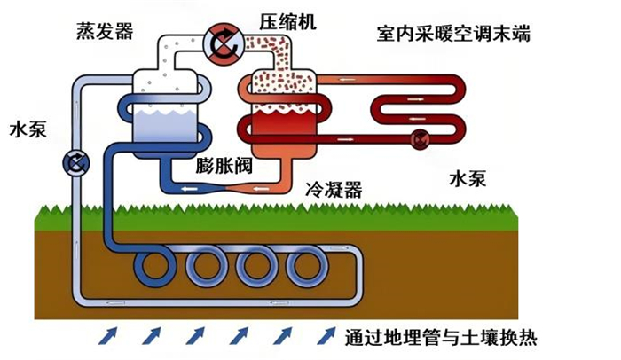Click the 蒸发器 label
click(105, 31)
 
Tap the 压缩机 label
click(288, 22)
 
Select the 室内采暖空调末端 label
click(453, 34)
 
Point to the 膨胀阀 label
click(224, 166)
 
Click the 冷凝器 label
click(334, 189)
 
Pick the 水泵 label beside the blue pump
click(28, 129)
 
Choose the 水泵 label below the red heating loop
click(468, 179)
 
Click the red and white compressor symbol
click(224, 44)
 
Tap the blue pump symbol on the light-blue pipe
click(76, 163)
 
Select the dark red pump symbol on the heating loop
click(420, 139)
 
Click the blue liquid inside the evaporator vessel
click(164, 126)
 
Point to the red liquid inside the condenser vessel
click(284, 123)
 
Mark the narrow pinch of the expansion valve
click(224, 189)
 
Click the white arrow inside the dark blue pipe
click(189, 189)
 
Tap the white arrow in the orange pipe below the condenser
click(262, 189)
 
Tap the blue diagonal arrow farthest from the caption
click(107, 336)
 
